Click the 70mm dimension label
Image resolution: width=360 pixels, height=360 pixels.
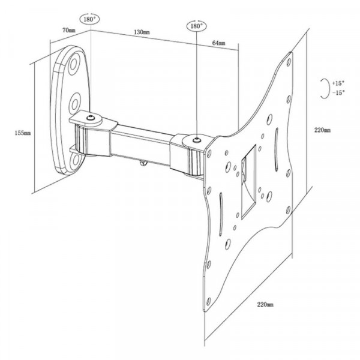click(68, 31)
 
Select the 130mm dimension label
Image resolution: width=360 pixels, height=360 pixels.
click(142, 32)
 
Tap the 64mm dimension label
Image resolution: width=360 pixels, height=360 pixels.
click(218, 43)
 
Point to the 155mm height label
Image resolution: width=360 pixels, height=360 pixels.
click(23, 133)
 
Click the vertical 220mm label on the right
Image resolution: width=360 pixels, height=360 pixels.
click(322, 130)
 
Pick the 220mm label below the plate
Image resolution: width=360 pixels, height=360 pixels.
click(265, 305)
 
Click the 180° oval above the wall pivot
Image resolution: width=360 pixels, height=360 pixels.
click(90, 19)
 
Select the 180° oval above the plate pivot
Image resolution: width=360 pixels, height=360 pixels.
click(197, 26)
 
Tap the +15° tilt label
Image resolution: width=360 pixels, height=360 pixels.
click(338, 83)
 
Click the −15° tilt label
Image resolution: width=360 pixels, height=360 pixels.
click(338, 92)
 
